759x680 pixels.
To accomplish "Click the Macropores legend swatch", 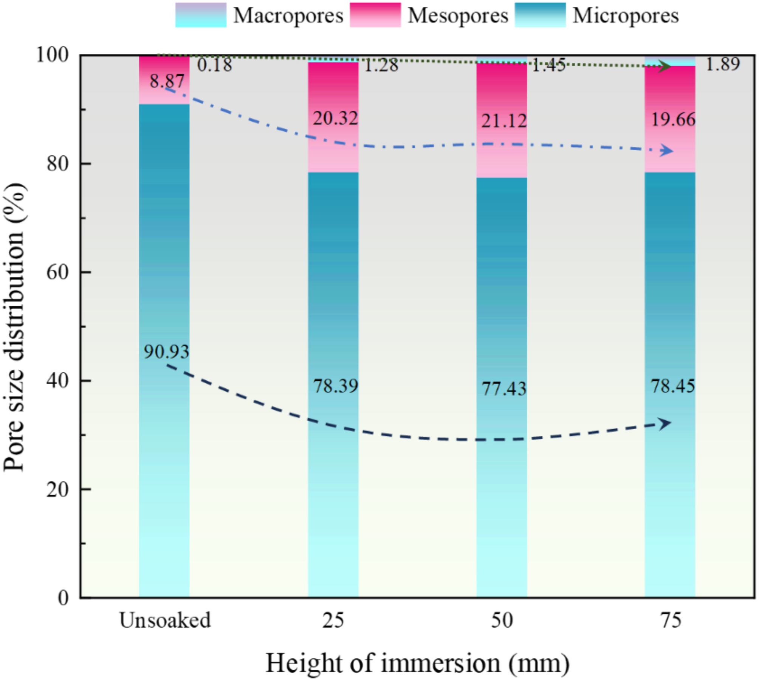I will (201, 15).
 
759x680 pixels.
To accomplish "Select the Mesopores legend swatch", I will (375, 15).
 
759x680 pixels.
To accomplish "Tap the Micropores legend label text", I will (626, 16).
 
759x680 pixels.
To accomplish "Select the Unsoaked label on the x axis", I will (165, 621).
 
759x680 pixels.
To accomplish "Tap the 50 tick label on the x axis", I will (502, 621).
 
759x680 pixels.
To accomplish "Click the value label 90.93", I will (166, 352).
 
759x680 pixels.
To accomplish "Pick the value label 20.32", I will (335, 118).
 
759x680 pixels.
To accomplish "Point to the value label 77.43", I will (504, 388).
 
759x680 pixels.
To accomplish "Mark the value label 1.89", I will (722, 64).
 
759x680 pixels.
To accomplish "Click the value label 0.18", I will (215, 65).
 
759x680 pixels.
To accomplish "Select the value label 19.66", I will (673, 120).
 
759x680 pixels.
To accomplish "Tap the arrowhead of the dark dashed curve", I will (665, 423).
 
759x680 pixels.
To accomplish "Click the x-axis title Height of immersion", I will (417, 663).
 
